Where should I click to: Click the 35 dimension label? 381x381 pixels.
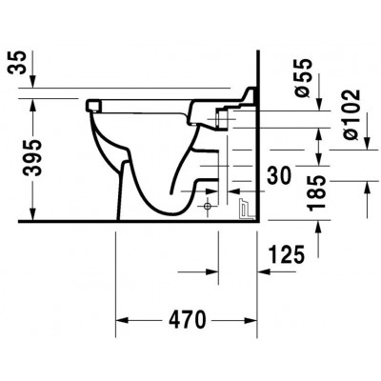(17, 63)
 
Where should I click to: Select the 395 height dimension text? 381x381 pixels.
(32, 157)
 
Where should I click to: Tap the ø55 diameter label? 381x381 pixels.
(302, 78)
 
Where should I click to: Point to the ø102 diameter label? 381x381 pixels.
(351, 114)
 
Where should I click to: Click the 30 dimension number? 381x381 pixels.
(279, 176)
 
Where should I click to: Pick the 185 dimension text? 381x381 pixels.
(317, 192)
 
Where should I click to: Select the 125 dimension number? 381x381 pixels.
(287, 254)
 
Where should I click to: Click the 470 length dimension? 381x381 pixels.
(188, 320)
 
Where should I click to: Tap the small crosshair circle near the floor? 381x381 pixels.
(208, 207)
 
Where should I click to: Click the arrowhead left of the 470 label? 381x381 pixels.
(122, 320)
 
